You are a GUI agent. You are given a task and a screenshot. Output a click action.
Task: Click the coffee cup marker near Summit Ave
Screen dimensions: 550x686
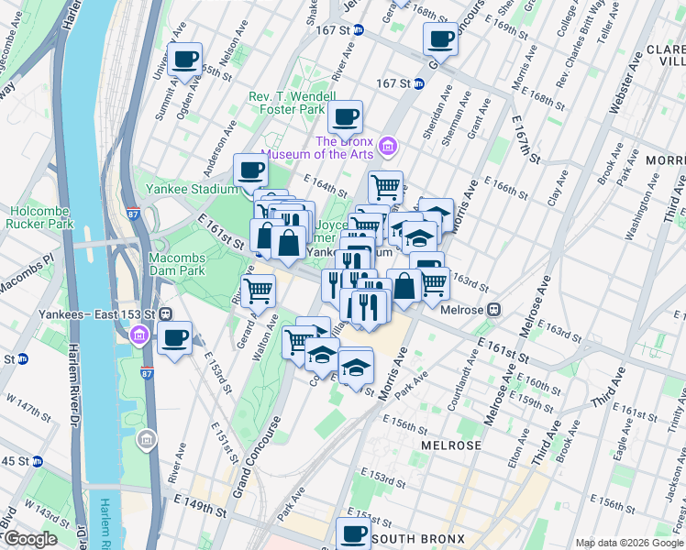click(x=186, y=60)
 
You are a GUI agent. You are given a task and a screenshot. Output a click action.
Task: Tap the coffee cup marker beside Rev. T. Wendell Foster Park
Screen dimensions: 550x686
click(x=345, y=117)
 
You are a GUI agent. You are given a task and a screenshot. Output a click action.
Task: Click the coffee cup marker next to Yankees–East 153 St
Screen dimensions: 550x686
click(x=174, y=337)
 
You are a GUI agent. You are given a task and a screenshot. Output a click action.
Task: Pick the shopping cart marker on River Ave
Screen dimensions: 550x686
click(x=259, y=291)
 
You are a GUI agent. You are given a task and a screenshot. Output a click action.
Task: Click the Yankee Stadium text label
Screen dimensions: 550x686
click(x=191, y=190)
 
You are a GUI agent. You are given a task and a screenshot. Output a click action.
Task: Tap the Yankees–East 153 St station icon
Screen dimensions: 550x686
click(x=167, y=313)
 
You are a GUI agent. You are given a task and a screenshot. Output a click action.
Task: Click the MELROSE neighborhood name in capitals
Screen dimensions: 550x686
click(x=451, y=445)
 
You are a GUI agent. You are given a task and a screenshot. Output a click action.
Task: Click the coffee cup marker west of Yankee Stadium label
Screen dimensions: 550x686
click(x=250, y=170)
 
